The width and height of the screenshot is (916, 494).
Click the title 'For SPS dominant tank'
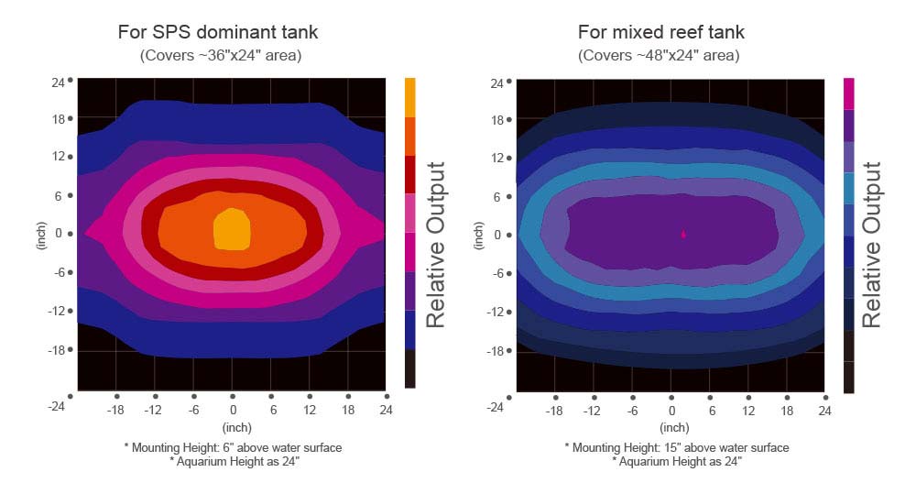point(218,32)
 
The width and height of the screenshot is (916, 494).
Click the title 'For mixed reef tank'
point(660,32)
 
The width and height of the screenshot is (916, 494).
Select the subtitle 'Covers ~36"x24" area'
point(220,56)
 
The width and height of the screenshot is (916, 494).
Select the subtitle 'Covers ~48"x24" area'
point(659,56)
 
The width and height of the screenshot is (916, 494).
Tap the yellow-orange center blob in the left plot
point(232,228)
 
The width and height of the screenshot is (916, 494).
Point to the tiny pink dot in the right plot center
point(683,234)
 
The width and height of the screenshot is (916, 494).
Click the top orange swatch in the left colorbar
point(409,96)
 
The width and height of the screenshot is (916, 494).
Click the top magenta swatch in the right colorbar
point(848,93)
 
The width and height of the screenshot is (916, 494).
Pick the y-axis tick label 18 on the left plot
point(57,119)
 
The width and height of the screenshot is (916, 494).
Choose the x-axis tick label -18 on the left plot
point(115,410)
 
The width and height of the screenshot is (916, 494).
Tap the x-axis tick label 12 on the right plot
point(748,411)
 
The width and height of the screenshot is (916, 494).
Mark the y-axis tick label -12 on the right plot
point(496,312)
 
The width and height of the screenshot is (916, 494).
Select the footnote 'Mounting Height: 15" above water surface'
point(676,447)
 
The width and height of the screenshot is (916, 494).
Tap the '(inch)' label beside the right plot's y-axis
point(478,235)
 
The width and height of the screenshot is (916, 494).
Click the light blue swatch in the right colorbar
point(848,187)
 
